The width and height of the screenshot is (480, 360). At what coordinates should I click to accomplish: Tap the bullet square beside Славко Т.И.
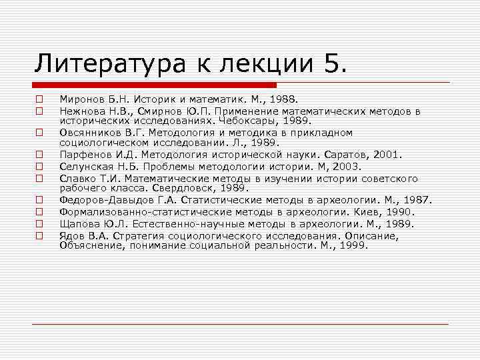click(x=40, y=179)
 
